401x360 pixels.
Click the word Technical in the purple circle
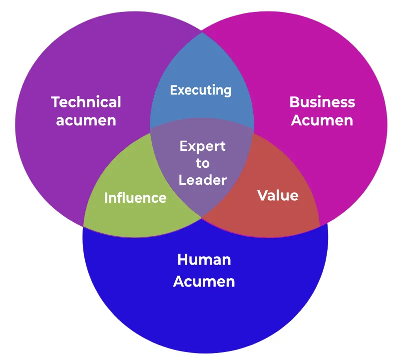tap(86, 102)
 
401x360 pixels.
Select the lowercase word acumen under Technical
tap(86, 120)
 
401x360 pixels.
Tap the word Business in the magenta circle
tap(322, 102)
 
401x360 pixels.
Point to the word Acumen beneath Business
tap(322, 120)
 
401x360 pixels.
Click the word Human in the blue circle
tap(204, 260)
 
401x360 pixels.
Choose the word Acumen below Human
tap(204, 281)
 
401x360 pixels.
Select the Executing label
tap(201, 90)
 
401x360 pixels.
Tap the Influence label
tap(135, 198)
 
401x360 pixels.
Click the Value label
tap(278, 195)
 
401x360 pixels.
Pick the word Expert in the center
tap(202, 146)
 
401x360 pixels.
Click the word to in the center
tap(202, 163)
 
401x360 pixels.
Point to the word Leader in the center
tap(202, 180)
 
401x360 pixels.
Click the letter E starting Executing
tap(173, 90)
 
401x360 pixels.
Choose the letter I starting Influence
tap(106, 198)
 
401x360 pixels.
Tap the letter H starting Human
tap(182, 260)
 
